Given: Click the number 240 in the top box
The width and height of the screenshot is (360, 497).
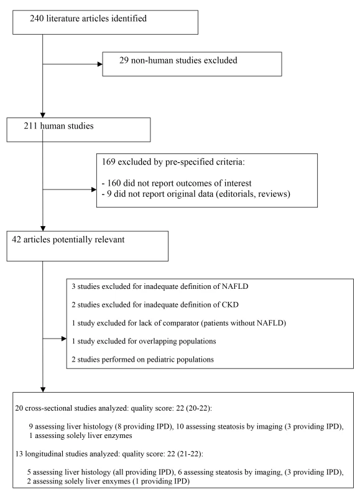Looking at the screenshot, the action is click(37, 19).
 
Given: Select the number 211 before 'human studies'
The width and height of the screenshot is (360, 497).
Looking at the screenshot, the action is click(30, 126).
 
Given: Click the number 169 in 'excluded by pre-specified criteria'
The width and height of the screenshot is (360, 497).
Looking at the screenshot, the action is click(108, 162).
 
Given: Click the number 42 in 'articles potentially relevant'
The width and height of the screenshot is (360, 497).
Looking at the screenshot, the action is click(17, 239).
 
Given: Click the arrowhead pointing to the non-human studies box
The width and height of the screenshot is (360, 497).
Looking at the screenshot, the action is click(100, 65).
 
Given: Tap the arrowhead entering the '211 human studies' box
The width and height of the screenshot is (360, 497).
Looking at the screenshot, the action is click(43, 116).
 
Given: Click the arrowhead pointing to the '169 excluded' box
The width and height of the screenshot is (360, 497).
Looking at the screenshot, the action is click(94, 189).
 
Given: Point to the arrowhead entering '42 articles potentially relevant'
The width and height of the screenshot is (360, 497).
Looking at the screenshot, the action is click(43, 229).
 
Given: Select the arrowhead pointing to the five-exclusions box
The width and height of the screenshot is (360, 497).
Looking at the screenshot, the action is click(64, 339).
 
